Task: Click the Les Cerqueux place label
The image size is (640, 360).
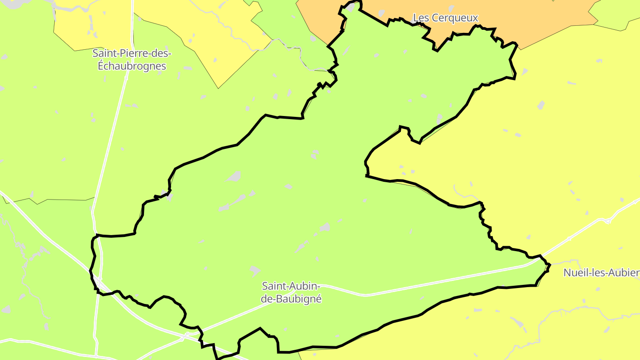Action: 445,18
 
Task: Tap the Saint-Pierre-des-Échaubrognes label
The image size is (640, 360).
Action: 132,60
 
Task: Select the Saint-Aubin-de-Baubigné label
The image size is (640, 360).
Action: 291,292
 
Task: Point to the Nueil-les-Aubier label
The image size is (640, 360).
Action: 601,272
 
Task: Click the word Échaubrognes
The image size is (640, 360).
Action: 132,66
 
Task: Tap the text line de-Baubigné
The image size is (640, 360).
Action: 291,299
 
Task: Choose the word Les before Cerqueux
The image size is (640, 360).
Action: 420,18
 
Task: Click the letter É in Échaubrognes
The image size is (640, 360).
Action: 100,66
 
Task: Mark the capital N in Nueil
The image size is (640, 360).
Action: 567,272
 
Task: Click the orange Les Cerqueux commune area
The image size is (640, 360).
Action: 533,18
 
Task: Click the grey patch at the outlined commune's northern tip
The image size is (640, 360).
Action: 352,7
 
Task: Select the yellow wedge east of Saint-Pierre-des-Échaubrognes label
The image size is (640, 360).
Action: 213,36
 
